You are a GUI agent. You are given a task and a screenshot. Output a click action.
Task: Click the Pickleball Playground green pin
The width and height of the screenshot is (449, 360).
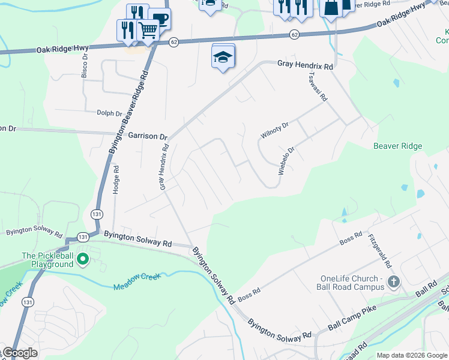coord(83,259)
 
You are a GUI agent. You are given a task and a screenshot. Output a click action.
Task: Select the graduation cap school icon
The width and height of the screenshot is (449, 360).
coord(223,58)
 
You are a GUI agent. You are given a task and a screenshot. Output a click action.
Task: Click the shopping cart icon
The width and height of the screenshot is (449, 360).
coord(148,30)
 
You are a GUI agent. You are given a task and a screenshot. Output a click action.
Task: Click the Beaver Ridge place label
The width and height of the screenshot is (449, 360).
coord(397,146)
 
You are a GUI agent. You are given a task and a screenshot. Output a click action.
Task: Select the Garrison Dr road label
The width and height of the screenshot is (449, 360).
coord(148,136)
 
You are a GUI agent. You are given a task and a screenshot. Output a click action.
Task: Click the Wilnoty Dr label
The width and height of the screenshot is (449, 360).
coord(275,130)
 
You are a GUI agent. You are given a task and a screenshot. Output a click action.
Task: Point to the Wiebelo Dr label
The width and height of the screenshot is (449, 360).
coord(287,161)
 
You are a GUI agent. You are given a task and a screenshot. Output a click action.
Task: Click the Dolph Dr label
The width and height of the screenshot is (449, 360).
coord(110,112)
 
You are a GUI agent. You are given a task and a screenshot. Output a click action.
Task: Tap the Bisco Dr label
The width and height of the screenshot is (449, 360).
coord(85,65)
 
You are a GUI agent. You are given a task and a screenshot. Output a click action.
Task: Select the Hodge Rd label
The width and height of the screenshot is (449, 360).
coord(116,179)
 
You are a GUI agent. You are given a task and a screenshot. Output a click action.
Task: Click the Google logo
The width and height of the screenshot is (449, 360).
coord(20,353)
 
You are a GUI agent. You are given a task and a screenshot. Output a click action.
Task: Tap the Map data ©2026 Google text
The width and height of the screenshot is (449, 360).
coord(411,355)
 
